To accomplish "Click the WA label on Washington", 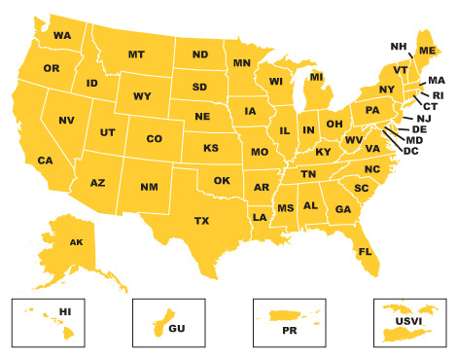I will pyautogui.click(x=62, y=36).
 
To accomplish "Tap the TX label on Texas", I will pyautogui.click(x=201, y=221).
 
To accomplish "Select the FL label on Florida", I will pyautogui.click(x=366, y=252).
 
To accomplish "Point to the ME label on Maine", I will pyautogui.click(x=427, y=50).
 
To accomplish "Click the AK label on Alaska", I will pyautogui.click(x=77, y=242).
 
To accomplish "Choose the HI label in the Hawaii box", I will pyautogui.click(x=66, y=311).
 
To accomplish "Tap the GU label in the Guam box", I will pyautogui.click(x=176, y=329).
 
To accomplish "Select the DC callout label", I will pyautogui.click(x=410, y=150).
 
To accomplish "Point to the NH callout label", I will pyautogui.click(x=399, y=46).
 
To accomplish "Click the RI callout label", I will pyautogui.click(x=438, y=95).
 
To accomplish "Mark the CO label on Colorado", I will pyautogui.click(x=154, y=139).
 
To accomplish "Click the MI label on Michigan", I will pyautogui.click(x=316, y=77).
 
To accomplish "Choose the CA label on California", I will pyautogui.click(x=45, y=161).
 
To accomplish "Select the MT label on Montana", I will pyautogui.click(x=136, y=54).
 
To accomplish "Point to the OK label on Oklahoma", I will pyautogui.click(x=222, y=180).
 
